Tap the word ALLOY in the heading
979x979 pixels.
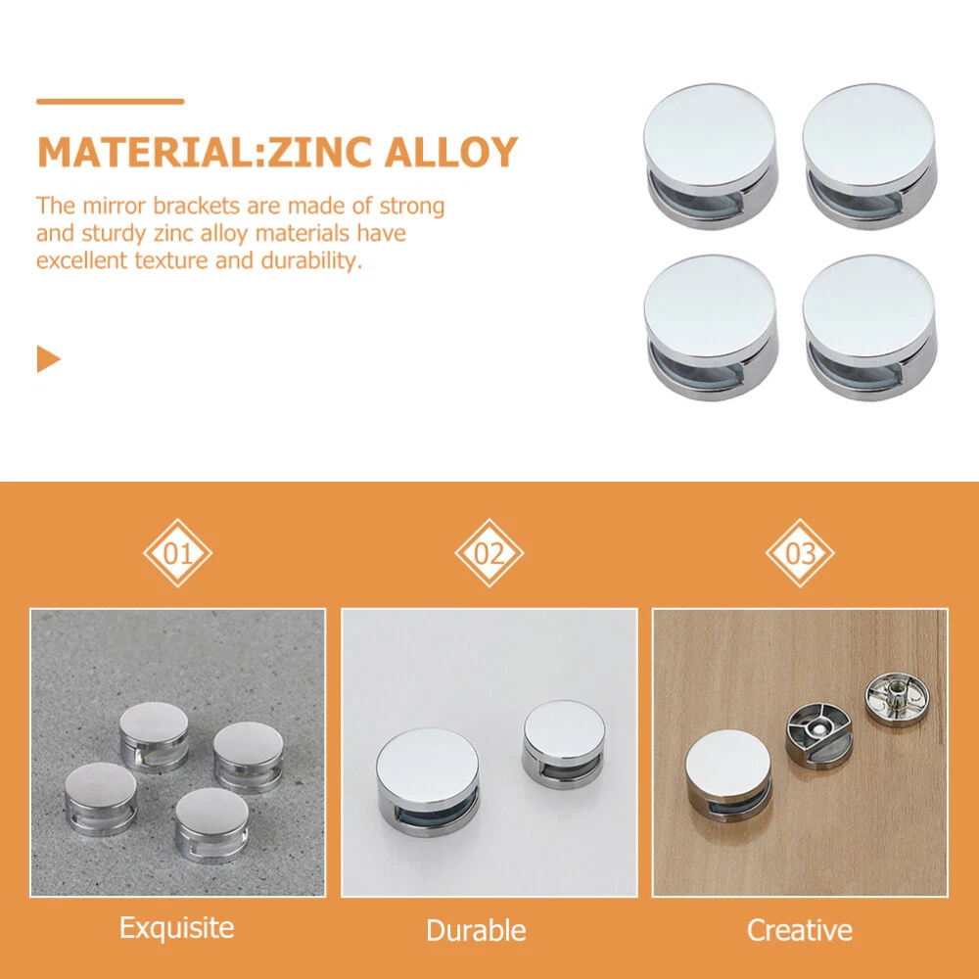click(x=450, y=152)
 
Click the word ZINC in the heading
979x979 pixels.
click(x=321, y=152)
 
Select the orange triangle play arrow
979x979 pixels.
click(x=49, y=359)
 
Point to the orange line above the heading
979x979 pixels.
click(x=111, y=101)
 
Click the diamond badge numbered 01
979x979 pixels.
click(x=178, y=553)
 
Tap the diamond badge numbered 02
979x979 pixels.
click(x=489, y=553)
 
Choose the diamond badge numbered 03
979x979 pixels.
click(x=800, y=553)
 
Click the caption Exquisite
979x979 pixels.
click(x=176, y=928)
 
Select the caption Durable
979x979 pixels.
click(x=476, y=930)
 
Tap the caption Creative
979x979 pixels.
click(x=799, y=930)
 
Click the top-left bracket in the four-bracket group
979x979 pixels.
click(x=711, y=156)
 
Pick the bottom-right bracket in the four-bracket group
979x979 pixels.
click(x=869, y=327)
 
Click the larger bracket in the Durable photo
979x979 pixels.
click(x=429, y=781)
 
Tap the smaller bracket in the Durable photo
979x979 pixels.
click(x=564, y=744)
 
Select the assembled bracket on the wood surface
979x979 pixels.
click(x=728, y=776)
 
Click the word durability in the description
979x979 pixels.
click(x=311, y=260)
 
